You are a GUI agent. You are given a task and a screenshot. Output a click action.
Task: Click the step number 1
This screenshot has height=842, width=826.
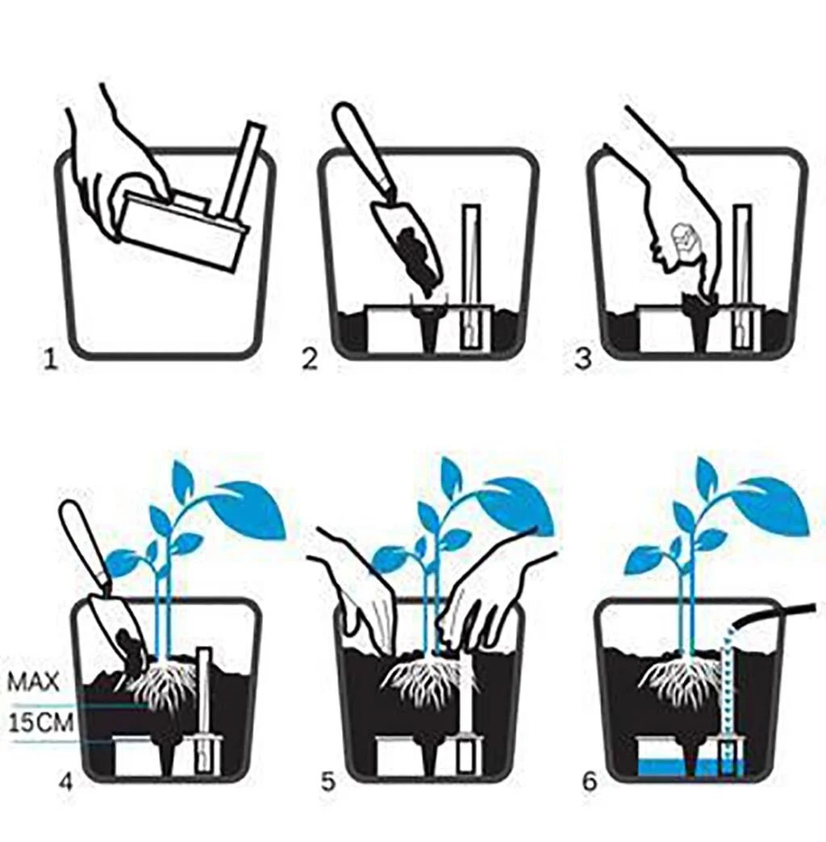tap(50, 359)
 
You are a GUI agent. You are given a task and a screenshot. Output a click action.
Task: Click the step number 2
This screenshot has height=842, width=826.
tap(310, 359)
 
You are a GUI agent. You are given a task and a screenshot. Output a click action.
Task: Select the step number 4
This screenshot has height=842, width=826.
tap(65, 782)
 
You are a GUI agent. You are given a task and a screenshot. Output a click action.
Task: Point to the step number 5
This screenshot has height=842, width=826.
tap(327, 782)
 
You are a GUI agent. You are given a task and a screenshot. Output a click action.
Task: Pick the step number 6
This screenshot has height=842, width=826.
tap(590, 782)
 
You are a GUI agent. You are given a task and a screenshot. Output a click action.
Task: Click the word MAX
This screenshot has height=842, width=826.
tap(33, 682)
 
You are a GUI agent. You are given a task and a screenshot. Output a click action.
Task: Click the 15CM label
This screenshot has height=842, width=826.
tap(41, 723)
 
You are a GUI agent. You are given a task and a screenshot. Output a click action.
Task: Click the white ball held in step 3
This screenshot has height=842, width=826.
tap(683, 237)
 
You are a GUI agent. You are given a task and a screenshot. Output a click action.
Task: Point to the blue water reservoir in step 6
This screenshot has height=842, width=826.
tap(690, 768)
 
